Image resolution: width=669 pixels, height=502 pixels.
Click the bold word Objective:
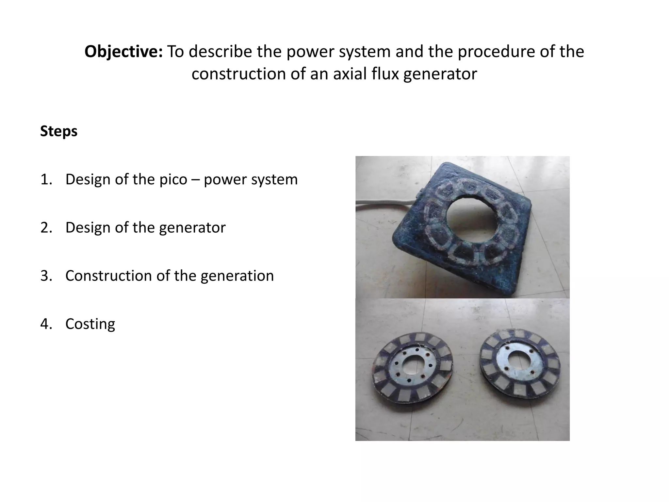coord(123,52)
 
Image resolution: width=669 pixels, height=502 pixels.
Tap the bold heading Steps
coord(59,131)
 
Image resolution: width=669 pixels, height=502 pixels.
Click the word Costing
coord(90,324)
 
